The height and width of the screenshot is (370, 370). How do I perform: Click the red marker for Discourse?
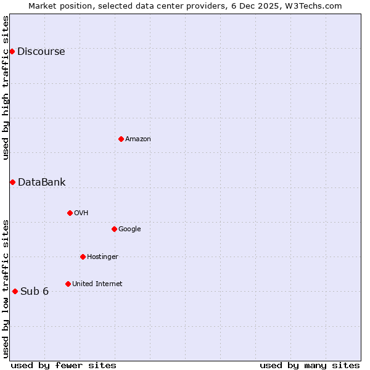point(12,51)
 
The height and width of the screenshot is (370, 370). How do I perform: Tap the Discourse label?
point(41,52)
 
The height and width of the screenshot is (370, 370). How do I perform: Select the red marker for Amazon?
point(121,139)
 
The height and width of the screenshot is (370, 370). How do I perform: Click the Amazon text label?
point(138,139)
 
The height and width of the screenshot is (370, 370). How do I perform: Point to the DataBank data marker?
point(12,182)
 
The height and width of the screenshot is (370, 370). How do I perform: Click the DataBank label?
point(41,183)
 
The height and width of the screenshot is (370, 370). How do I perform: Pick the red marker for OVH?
point(70,213)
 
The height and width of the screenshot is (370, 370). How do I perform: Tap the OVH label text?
point(81,213)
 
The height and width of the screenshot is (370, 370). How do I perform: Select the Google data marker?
point(114,229)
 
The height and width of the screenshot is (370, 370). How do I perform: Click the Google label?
point(129,229)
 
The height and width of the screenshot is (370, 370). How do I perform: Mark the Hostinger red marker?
point(83,257)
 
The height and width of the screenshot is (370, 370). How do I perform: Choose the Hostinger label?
point(102,257)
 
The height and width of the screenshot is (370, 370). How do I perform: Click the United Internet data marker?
point(68,284)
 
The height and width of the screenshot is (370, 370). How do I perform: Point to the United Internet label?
point(97,284)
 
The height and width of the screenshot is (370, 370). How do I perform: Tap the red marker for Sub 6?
point(15,291)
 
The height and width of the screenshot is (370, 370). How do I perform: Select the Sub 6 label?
point(35,292)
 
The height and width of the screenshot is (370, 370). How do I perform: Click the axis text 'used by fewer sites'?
point(64,365)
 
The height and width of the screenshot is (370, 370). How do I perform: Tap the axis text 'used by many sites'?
point(310,365)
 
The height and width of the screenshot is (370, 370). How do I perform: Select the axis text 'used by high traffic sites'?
point(6,88)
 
